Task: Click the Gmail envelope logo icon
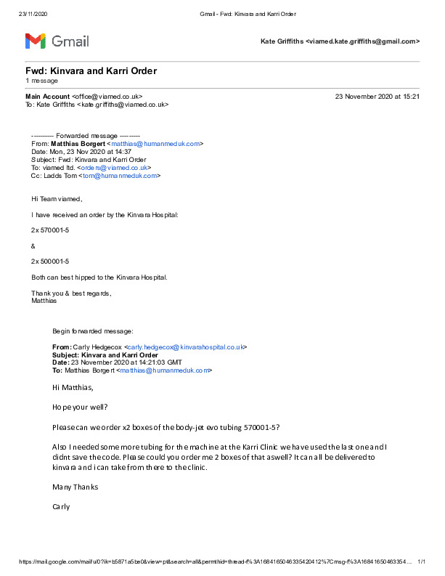[36, 41]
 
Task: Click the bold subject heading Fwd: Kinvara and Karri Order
[91, 70]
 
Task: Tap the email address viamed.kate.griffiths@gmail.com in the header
[364, 42]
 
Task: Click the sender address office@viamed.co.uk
[107, 96]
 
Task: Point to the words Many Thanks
[75, 486]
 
